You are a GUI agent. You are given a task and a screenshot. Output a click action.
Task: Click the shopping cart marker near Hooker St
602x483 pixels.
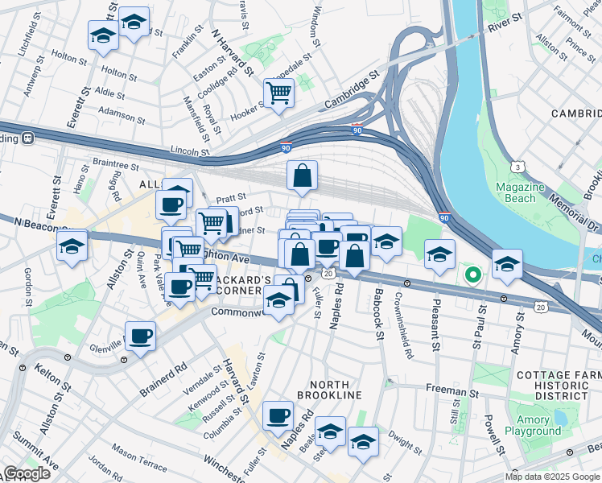(x=278, y=93)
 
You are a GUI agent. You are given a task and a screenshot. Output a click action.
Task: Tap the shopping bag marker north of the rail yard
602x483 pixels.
(x=302, y=175)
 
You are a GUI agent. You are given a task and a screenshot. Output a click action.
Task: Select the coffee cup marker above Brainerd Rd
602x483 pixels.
(x=140, y=336)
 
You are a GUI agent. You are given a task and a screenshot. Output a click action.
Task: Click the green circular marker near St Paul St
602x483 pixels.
(x=473, y=276)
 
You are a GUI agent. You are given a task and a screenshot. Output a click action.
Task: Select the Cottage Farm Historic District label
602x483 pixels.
(x=552, y=386)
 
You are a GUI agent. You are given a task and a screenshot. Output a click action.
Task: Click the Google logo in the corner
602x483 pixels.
(x=26, y=473)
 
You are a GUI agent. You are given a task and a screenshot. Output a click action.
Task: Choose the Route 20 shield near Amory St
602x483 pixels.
(x=541, y=307)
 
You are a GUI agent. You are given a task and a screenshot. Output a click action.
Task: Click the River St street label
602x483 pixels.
(x=505, y=23)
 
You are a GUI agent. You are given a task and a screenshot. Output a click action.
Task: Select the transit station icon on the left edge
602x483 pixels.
(x=27, y=137)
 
